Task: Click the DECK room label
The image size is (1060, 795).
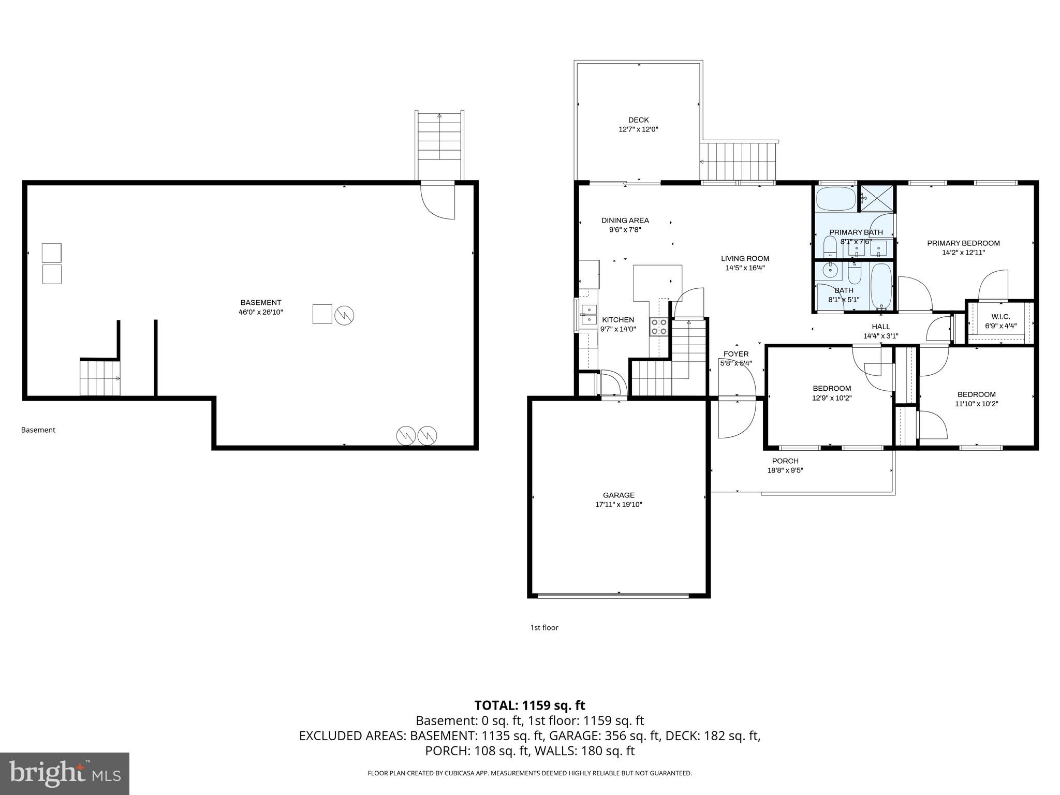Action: coord(638,120)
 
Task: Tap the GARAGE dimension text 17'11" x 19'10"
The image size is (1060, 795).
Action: coord(619,505)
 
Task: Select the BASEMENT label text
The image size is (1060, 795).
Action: coord(260,303)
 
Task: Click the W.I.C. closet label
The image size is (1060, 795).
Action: coord(1000,317)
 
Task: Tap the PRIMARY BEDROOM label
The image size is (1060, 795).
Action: coord(963,243)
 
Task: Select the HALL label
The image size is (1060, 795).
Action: coord(880,327)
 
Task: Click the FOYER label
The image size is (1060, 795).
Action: coord(735,354)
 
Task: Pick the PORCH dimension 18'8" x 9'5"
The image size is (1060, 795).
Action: coord(785,470)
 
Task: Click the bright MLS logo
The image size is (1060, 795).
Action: coord(65,774)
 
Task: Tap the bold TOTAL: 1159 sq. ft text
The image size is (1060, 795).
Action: coord(529,705)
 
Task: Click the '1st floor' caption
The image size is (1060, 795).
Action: coord(544,628)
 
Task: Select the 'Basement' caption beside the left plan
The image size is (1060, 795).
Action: coord(38,430)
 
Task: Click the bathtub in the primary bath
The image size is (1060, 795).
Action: coord(835,199)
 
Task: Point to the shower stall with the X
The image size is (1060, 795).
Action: coord(877,197)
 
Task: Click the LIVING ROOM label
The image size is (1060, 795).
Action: coord(745,259)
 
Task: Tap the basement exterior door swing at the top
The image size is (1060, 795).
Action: coord(438,202)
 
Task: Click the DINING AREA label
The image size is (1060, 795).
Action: coord(625,220)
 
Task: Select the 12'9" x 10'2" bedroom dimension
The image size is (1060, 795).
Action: coord(832,398)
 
